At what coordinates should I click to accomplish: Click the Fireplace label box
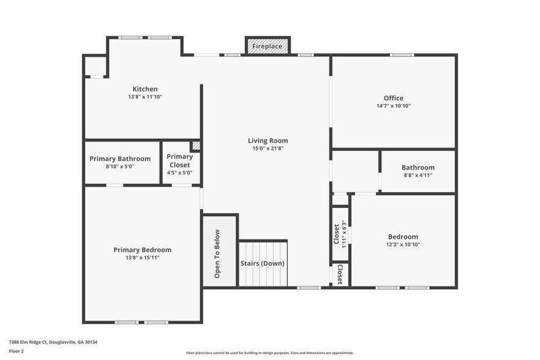tap(268, 46)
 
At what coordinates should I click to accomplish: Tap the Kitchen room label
tap(145, 89)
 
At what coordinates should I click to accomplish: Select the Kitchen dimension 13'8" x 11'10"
tap(145, 97)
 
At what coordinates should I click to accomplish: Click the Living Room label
tap(268, 140)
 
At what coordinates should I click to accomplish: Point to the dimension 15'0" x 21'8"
tap(268, 148)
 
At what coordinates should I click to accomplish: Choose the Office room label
tap(393, 98)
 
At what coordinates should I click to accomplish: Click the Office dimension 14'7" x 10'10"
tap(393, 106)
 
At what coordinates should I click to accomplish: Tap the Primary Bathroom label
tap(120, 159)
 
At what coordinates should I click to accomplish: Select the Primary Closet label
tap(179, 160)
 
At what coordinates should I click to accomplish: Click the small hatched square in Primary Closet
tap(196, 146)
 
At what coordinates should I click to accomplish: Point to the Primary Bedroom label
tap(142, 249)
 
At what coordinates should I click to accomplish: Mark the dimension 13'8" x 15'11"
tap(142, 258)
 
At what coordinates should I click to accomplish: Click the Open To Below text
tap(217, 253)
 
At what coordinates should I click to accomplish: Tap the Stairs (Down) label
tap(262, 263)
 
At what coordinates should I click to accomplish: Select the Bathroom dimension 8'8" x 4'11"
tap(418, 176)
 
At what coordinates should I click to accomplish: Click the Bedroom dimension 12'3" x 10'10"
tap(403, 245)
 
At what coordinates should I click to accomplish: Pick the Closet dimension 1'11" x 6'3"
tap(345, 232)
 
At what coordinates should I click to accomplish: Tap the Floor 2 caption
tap(17, 351)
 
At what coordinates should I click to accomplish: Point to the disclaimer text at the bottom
tap(269, 353)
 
